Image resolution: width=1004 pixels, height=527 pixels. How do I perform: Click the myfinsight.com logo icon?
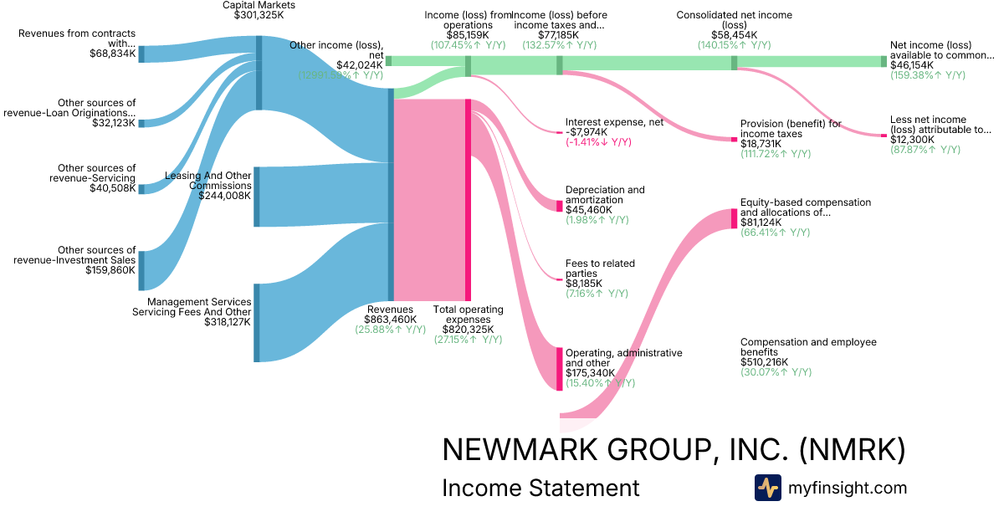click(767, 488)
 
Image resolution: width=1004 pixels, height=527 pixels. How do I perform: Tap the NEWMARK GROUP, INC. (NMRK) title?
click(673, 450)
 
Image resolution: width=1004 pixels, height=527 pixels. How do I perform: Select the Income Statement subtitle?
click(540, 489)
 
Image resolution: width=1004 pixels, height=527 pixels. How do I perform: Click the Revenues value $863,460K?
click(390, 320)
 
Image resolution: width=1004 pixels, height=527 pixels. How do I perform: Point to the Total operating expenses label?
click(468, 315)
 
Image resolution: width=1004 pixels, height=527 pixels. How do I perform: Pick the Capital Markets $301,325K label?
click(259, 10)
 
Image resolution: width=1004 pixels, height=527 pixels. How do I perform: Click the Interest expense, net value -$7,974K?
click(592, 132)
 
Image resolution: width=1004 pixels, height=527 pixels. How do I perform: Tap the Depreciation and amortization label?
click(605, 195)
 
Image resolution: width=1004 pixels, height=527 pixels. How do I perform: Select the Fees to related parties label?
click(600, 269)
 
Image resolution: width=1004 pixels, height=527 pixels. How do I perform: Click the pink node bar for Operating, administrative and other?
click(560, 368)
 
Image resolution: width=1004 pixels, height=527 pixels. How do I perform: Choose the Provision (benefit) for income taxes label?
click(791, 129)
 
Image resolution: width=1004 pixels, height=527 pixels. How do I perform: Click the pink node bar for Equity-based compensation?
click(734, 218)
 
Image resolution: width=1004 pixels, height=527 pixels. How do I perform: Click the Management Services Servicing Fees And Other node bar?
click(256, 323)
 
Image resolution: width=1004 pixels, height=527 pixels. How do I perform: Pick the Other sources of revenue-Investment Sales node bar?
click(141, 270)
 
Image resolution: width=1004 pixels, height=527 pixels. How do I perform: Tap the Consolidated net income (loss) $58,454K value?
click(734, 35)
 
